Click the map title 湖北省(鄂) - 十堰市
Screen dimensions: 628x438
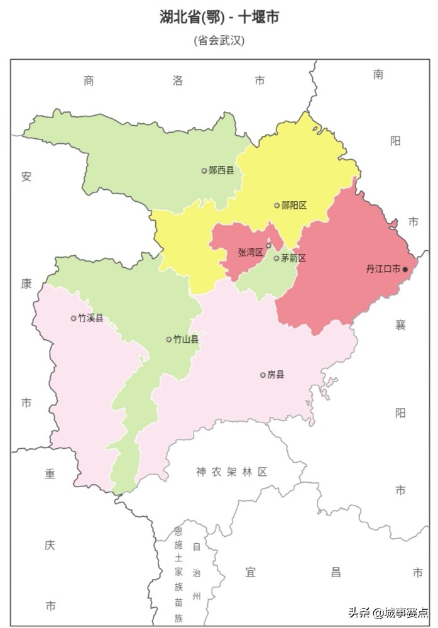tap(219, 17)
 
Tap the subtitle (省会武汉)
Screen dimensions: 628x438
tap(219, 40)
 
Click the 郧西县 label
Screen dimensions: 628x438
tap(221, 170)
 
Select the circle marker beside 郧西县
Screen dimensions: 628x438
tap(204, 170)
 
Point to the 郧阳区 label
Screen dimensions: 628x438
tap(294, 205)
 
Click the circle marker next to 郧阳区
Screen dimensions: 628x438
tap(276, 205)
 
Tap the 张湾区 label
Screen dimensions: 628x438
tap(250, 252)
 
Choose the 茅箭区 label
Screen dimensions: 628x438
tap(293, 258)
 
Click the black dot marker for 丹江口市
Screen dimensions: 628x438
tap(405, 269)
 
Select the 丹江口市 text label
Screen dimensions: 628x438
tap(383, 269)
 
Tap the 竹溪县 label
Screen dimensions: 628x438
tap(90, 318)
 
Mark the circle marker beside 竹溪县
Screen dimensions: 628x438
tap(74, 318)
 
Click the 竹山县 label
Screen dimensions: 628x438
tap(186, 339)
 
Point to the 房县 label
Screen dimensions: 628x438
tap(276, 375)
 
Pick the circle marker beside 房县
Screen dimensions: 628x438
tap(263, 375)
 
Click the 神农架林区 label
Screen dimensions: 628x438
tap(231, 472)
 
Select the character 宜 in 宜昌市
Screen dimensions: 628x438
tap(250, 572)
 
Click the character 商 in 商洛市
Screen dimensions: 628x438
tap(89, 80)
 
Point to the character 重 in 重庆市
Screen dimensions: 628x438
tap(50, 474)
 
